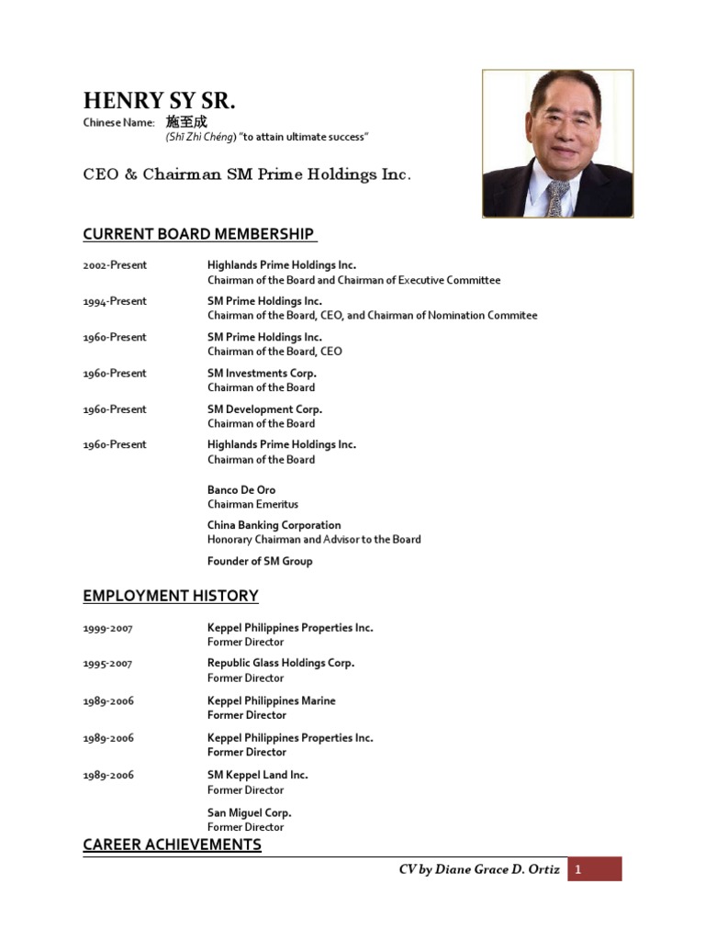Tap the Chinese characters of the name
coord(186,122)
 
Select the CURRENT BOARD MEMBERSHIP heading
coord(199,234)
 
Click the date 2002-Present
coord(115,265)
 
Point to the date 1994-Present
coord(115,301)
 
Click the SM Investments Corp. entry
coord(262,374)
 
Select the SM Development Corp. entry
coord(264,409)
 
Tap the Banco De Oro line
coord(241,490)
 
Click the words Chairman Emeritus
coord(252,505)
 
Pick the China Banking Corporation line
coord(274,525)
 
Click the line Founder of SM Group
coord(260,561)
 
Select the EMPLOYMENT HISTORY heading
coord(171,596)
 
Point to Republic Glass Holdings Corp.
coord(280,663)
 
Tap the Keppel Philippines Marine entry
coord(272,700)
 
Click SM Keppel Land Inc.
coord(258,775)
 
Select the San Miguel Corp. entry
coord(249,812)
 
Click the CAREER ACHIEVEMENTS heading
coord(172,845)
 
